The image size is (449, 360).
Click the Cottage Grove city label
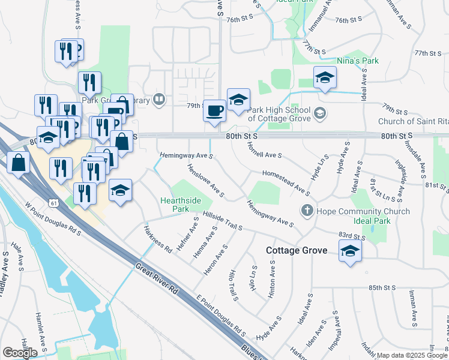pos(297,250)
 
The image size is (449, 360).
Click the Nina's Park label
pos(358,61)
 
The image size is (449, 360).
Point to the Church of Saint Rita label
pos(413,121)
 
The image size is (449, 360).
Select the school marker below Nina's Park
pos(325,78)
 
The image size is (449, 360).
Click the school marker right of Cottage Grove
pos(350,251)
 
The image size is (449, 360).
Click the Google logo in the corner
pos(20,353)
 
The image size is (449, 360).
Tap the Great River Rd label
pos(158,280)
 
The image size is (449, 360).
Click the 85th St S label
pos(384,288)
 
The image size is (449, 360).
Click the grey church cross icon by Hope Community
pos(307,211)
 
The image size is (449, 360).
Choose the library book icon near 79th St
pos(159,99)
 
